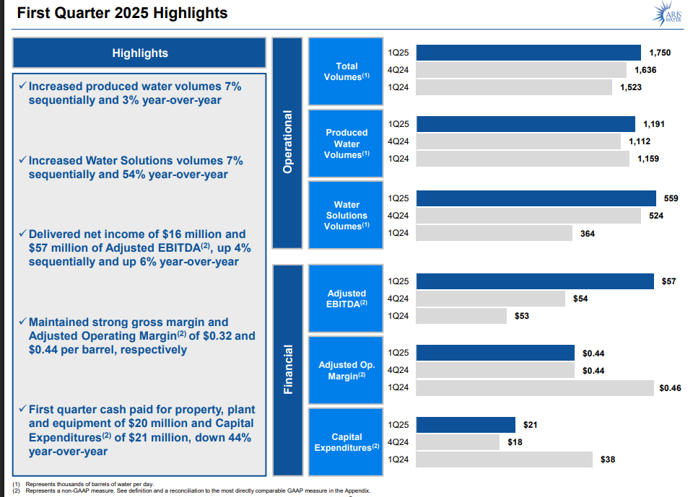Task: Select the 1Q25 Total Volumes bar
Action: (x=528, y=53)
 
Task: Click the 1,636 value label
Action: (x=645, y=70)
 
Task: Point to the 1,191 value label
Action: (x=652, y=124)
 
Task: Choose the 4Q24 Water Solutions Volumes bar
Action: (x=528, y=215)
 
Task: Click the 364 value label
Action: (x=588, y=233)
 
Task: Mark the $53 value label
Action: (x=522, y=316)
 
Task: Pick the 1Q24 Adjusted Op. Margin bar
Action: (x=535, y=388)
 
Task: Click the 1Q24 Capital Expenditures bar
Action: (x=505, y=459)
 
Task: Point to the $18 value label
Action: (x=515, y=442)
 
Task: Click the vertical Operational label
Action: (x=288, y=141)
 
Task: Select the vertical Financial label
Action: (x=288, y=369)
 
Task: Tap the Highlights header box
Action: (x=140, y=53)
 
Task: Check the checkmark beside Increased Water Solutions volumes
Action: (x=22, y=160)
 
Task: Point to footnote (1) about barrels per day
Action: (x=87, y=483)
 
